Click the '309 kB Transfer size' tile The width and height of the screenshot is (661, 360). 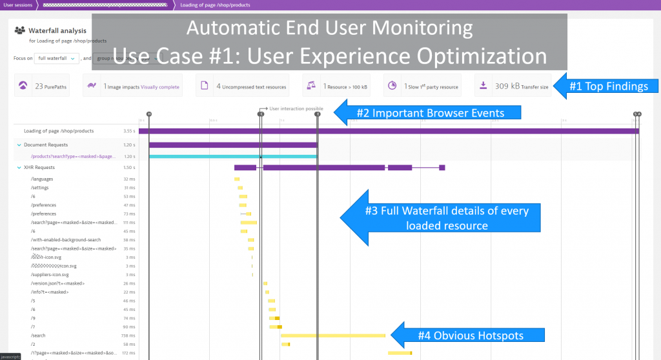(x=513, y=86)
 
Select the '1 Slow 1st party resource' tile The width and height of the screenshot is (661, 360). (x=422, y=86)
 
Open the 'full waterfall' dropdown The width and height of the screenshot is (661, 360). (x=57, y=58)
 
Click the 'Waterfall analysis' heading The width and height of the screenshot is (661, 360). (x=57, y=30)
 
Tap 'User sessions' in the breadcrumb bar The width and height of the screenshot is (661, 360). (x=17, y=5)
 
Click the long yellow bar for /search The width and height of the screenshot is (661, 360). (x=332, y=335)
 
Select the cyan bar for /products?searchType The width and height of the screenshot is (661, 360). (x=233, y=156)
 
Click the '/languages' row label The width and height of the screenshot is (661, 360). (x=42, y=179)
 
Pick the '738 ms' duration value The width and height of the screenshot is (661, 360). (x=128, y=335)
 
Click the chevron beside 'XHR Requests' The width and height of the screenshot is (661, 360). (x=19, y=168)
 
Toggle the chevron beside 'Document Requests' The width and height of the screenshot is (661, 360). (x=19, y=145)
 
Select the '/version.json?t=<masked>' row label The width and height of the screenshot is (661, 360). (x=57, y=283)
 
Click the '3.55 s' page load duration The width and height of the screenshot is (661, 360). (x=129, y=131)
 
